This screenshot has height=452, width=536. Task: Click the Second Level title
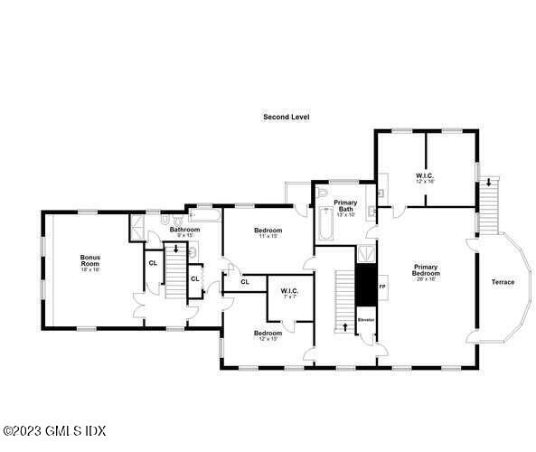point(287,117)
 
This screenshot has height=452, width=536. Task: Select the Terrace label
point(503,282)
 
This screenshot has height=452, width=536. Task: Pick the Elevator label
point(366,320)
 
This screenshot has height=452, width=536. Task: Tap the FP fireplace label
point(381,287)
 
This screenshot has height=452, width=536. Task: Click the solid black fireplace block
point(365,281)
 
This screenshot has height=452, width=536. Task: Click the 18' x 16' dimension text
point(89,269)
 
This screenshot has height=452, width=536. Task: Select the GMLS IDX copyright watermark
point(42,430)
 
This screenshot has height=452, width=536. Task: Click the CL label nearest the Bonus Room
point(153,262)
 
